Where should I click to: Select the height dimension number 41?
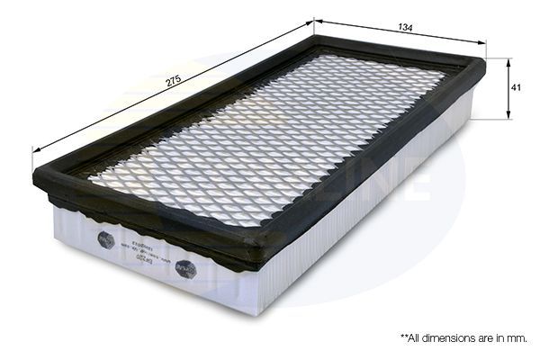(x=517, y=89)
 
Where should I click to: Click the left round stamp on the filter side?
(x=105, y=239)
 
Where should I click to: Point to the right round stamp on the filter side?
(x=186, y=268)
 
